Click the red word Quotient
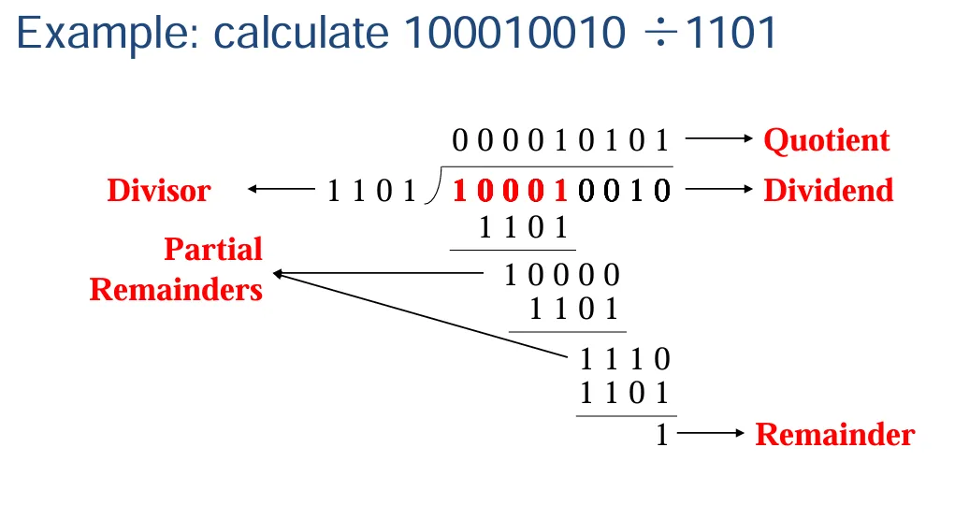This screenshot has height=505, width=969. [x=826, y=140]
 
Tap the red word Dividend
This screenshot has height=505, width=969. [x=828, y=191]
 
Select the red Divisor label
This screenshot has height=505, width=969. [x=159, y=191]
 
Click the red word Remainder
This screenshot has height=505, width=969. [x=834, y=435]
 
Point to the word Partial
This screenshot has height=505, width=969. [x=213, y=250]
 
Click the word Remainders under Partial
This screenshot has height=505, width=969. [x=176, y=289]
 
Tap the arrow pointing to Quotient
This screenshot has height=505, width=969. [x=719, y=140]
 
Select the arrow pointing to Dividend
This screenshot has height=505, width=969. [x=719, y=191]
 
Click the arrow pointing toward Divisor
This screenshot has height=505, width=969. [x=281, y=191]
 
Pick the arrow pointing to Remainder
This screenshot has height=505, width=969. [x=711, y=435]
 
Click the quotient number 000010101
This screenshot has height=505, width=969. [x=561, y=141]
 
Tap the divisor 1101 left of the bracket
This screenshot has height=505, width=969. [x=371, y=192]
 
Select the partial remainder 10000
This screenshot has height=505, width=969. [x=562, y=275]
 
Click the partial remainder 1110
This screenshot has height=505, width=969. [x=626, y=359]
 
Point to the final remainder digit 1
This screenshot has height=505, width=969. [x=662, y=435]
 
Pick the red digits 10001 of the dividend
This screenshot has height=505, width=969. [x=511, y=192]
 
